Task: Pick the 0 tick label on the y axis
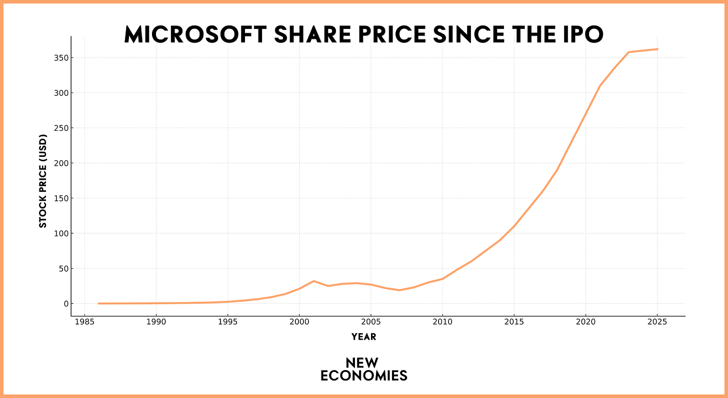point(64,304)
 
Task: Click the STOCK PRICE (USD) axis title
point(43,181)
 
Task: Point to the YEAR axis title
point(363,337)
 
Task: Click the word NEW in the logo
point(363,363)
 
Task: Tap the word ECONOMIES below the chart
point(363,376)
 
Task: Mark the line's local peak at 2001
point(313,281)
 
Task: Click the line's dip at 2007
point(399,290)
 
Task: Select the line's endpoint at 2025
point(657,49)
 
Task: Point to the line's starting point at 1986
point(99,303)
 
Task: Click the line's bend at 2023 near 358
point(628,52)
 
